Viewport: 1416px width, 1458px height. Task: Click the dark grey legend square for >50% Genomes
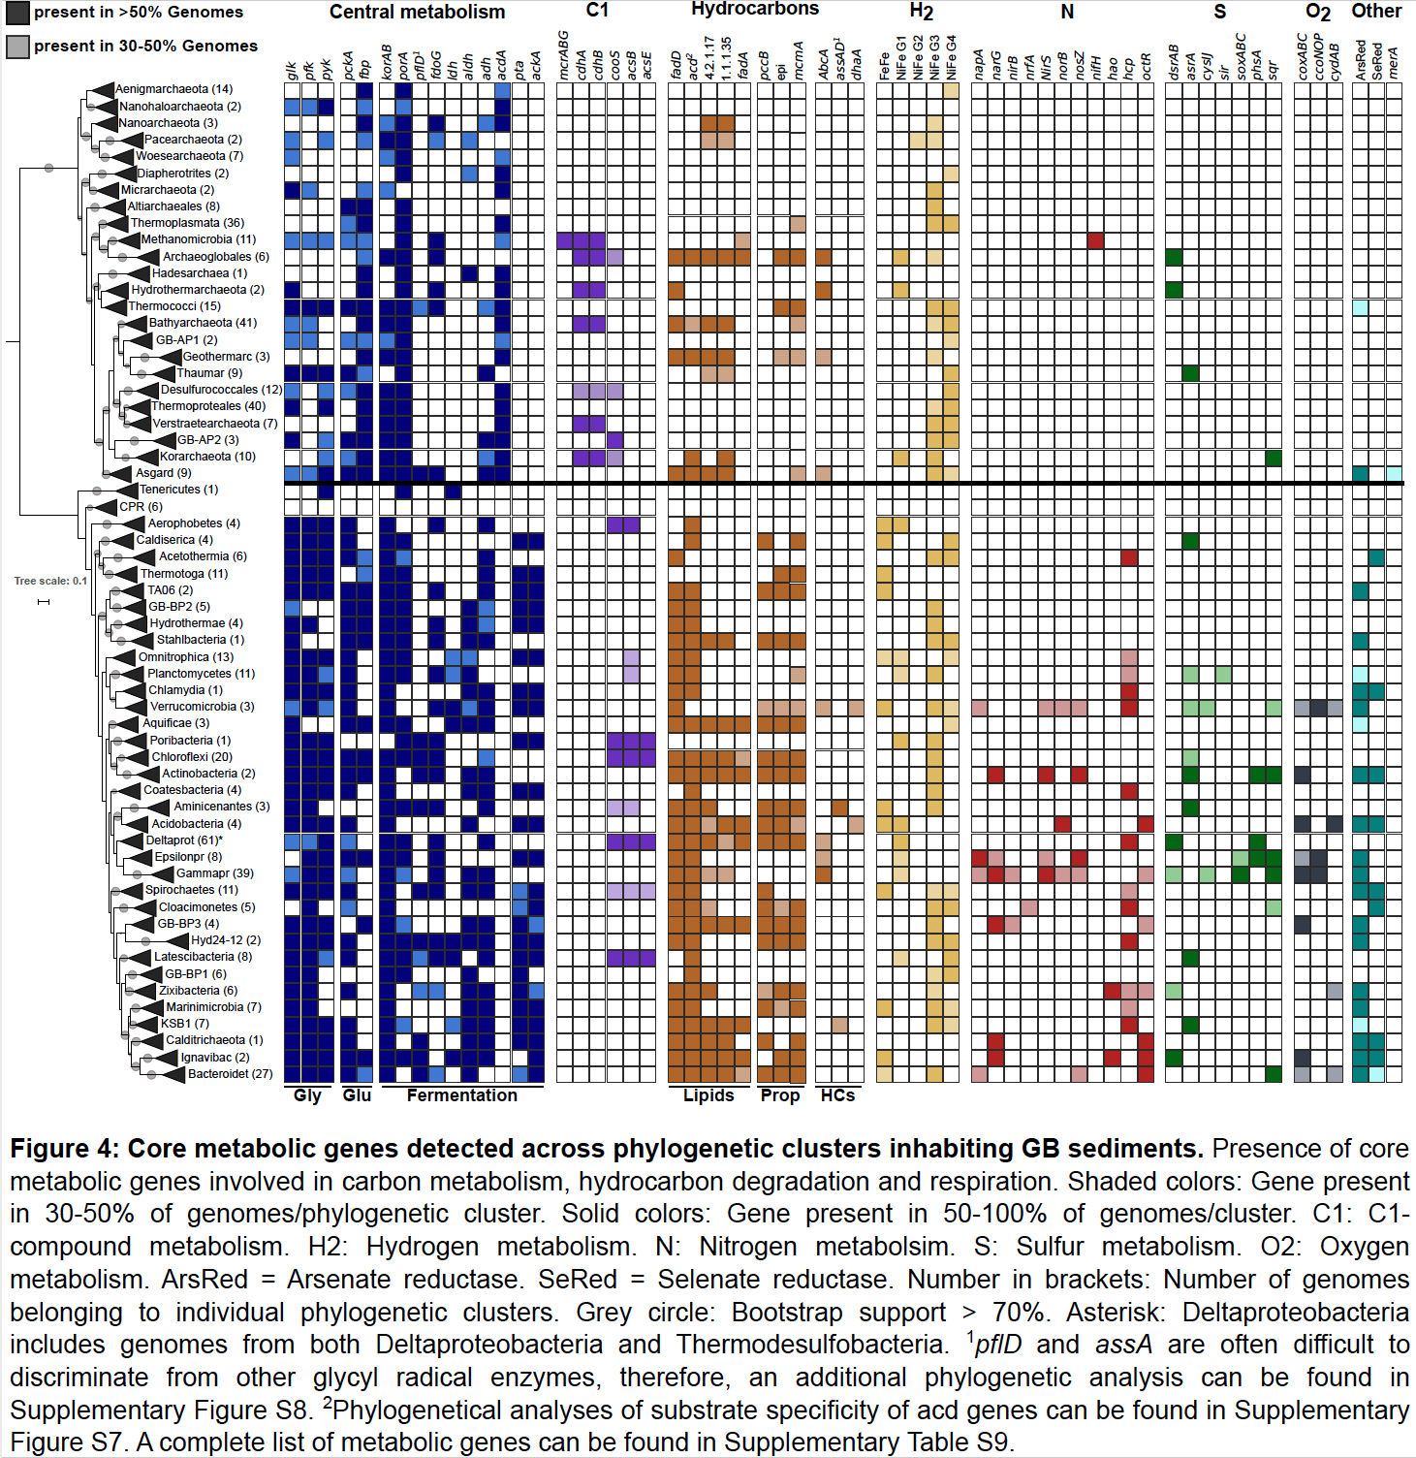[x=17, y=13]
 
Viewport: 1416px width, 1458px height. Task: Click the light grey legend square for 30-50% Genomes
[x=17, y=47]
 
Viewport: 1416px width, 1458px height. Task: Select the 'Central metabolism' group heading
[x=417, y=13]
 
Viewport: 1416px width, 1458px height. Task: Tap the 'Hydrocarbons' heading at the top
[x=755, y=10]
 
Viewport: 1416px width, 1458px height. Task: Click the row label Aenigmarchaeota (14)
[x=173, y=89]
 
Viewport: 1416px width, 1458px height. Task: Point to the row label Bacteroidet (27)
[x=230, y=1074]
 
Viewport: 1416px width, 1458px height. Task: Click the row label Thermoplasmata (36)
[x=187, y=223]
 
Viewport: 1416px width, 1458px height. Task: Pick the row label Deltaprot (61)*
[x=184, y=840]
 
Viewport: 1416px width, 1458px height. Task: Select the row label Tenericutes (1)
[x=178, y=490]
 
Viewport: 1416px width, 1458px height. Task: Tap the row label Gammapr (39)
[x=214, y=873]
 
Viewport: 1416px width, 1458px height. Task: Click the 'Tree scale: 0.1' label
[x=50, y=582]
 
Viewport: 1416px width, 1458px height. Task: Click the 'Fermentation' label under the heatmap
[x=461, y=1095]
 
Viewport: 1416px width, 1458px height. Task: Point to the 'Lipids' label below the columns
[x=708, y=1095]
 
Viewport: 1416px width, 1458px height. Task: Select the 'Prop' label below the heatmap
[x=780, y=1095]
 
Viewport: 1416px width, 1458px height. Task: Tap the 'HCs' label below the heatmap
[x=837, y=1095]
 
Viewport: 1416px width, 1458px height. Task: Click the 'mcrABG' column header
[x=564, y=55]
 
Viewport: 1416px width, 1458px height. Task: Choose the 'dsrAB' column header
[x=1174, y=60]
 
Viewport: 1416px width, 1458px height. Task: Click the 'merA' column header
[x=1394, y=63]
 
